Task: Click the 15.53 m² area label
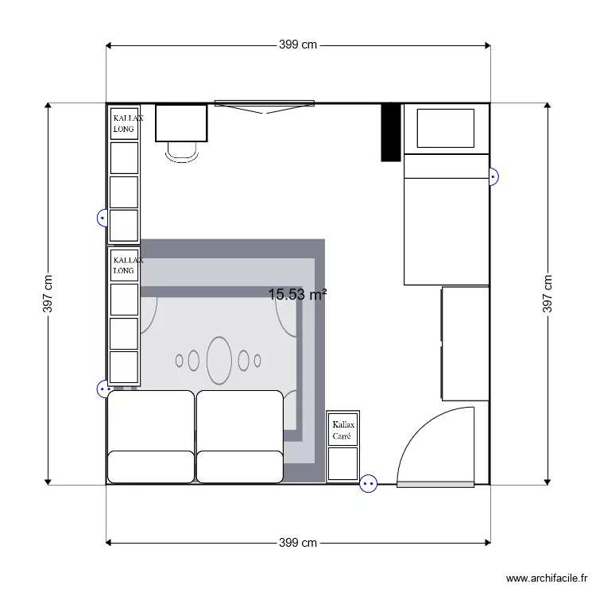297,295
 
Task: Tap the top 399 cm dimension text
298,45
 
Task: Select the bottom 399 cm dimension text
298,543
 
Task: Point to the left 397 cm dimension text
48,293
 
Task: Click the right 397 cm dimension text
548,293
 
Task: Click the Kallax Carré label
343,431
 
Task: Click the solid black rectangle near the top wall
390,132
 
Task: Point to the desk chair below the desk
182,152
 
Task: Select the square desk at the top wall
181,122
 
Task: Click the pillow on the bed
445,128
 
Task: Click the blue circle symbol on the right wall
493,176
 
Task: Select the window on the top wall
264,104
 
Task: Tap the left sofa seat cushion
151,420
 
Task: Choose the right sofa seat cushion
240,420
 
